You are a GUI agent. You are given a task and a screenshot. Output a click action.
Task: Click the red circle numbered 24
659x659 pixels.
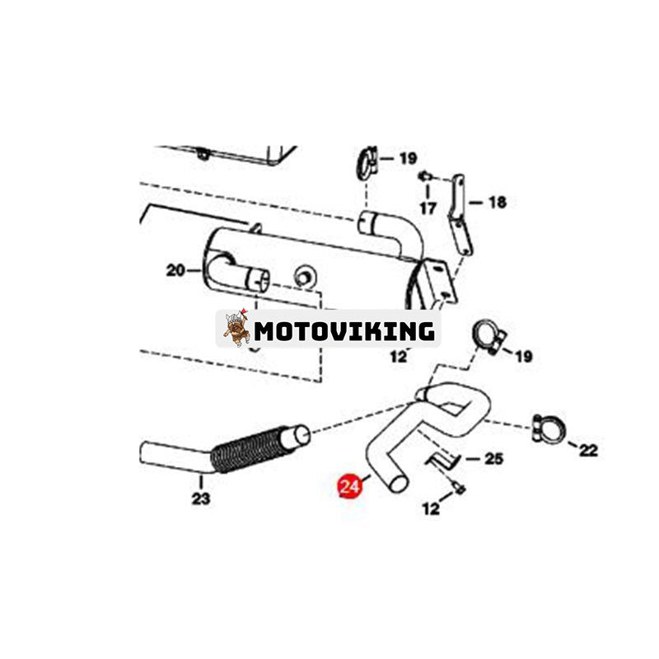350,487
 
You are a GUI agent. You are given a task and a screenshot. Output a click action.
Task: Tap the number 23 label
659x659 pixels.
200,498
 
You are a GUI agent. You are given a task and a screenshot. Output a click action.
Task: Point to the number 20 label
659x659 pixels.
175,269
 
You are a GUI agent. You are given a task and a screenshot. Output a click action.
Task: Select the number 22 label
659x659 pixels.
588,450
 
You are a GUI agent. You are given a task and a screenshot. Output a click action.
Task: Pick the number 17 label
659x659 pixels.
427,208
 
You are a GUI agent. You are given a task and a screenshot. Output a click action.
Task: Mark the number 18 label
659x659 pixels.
497,202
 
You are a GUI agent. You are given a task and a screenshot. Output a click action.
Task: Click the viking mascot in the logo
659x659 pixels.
237,329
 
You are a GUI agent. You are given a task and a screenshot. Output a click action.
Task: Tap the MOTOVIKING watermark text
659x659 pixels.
344,331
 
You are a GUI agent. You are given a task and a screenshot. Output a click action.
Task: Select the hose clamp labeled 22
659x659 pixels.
547,427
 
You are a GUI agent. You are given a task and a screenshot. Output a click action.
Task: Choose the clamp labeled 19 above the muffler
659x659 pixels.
367,161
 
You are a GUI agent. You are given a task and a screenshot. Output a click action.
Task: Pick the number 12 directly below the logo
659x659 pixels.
399,357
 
